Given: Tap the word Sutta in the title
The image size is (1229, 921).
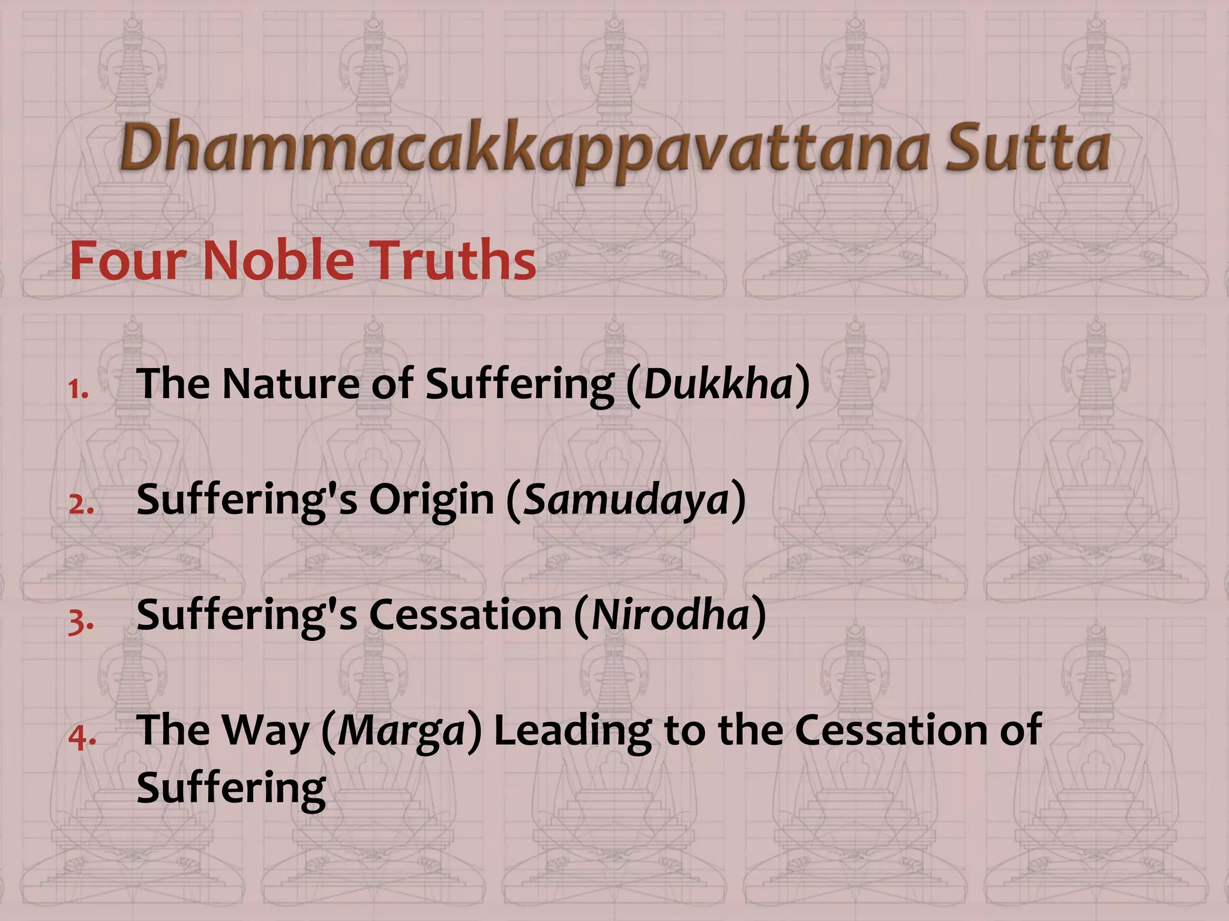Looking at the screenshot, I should pos(1027,148).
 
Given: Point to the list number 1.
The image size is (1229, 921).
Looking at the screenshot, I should pos(78,390).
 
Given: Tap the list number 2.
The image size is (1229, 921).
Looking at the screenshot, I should pos(80,505).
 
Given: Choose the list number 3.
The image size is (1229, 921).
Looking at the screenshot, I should pos(80,621).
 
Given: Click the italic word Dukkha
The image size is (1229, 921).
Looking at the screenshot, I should pos(718,384).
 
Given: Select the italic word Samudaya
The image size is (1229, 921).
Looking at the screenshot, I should pos(626,499).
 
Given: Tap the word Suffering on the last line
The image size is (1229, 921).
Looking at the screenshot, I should pos(231,788).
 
